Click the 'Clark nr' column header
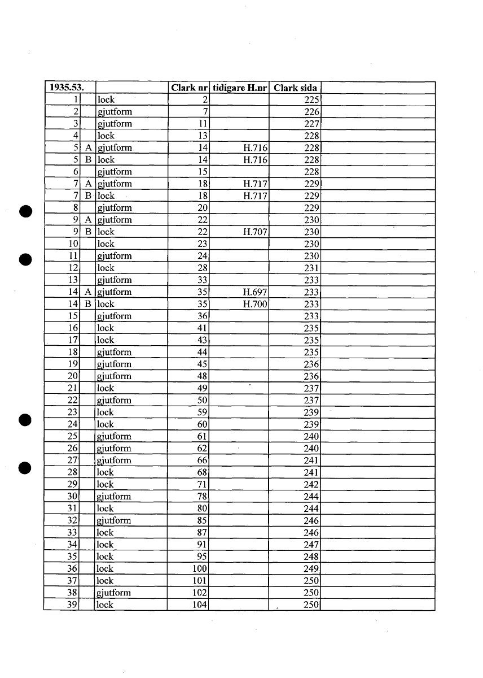click(x=190, y=88)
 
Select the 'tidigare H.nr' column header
click(x=239, y=88)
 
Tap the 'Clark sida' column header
click(x=295, y=88)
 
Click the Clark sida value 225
click(x=312, y=100)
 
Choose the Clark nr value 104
click(x=200, y=605)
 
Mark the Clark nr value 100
click(x=200, y=569)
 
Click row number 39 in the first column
click(x=72, y=605)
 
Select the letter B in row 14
click(x=88, y=305)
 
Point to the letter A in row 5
click(x=88, y=148)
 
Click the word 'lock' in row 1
click(x=106, y=100)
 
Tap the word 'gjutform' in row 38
click(x=114, y=593)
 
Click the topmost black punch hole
click(x=24, y=211)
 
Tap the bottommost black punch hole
click(x=24, y=468)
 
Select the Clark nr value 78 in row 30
click(x=203, y=497)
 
